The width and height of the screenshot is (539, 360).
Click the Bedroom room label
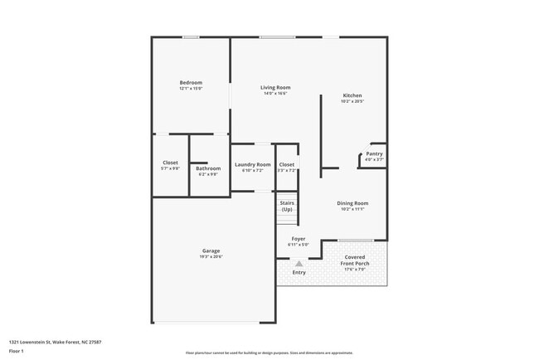point(191,82)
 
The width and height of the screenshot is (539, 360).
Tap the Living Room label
point(274,87)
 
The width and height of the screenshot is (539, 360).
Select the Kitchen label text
point(352,95)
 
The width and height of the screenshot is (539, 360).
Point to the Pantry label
point(375,153)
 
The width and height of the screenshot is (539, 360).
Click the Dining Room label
point(352,203)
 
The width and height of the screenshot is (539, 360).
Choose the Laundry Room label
point(252,164)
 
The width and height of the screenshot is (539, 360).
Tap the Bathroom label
point(208,168)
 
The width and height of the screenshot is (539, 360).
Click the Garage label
point(211,251)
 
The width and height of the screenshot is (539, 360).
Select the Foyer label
point(299,239)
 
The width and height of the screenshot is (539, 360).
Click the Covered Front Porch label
point(357,260)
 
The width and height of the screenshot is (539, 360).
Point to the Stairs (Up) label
point(287,206)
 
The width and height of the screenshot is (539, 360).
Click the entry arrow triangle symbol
point(299,263)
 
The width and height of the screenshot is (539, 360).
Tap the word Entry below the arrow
point(299,272)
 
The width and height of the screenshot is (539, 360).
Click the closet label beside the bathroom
point(170,163)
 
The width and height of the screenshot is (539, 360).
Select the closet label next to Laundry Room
point(287,164)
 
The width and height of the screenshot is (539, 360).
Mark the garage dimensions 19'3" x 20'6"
point(211,256)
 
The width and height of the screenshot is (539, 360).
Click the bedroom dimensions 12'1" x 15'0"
point(191,88)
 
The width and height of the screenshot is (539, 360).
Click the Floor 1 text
point(17,351)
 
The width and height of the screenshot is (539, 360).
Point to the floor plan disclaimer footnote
point(269,353)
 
